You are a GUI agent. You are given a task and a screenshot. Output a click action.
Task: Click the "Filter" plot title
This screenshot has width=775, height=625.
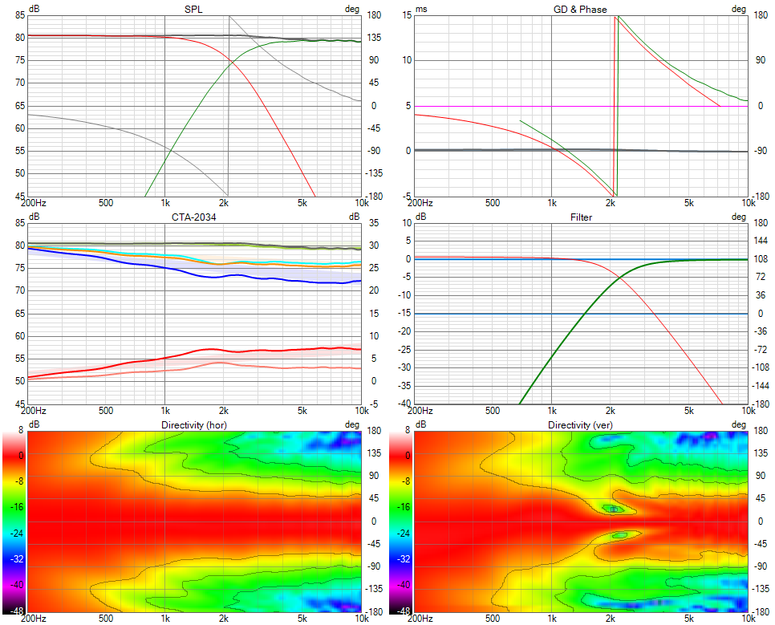(x=582, y=217)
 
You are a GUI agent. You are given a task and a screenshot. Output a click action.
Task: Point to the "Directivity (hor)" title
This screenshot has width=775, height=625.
(x=194, y=424)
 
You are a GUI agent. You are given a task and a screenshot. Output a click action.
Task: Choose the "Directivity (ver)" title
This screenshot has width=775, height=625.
(x=582, y=424)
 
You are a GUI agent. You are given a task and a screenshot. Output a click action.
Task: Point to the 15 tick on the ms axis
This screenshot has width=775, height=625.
(x=407, y=14)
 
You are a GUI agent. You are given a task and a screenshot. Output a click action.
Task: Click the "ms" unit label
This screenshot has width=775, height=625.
(x=421, y=8)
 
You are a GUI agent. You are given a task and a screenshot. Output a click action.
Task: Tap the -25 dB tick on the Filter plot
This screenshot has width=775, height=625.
(x=405, y=350)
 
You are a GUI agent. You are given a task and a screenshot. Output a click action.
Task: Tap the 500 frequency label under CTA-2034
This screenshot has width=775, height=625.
(x=105, y=410)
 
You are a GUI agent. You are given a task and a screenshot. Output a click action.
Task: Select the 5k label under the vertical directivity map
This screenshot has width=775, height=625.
(x=689, y=618)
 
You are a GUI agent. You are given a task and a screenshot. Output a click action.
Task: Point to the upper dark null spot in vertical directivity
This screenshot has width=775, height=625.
(x=614, y=509)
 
